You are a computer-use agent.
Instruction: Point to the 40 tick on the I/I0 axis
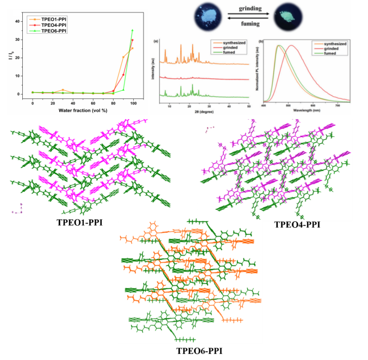(x=20, y=21)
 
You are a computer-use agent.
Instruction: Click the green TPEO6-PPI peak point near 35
(x=132, y=30)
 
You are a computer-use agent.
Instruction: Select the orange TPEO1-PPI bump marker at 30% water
(x=63, y=90)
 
